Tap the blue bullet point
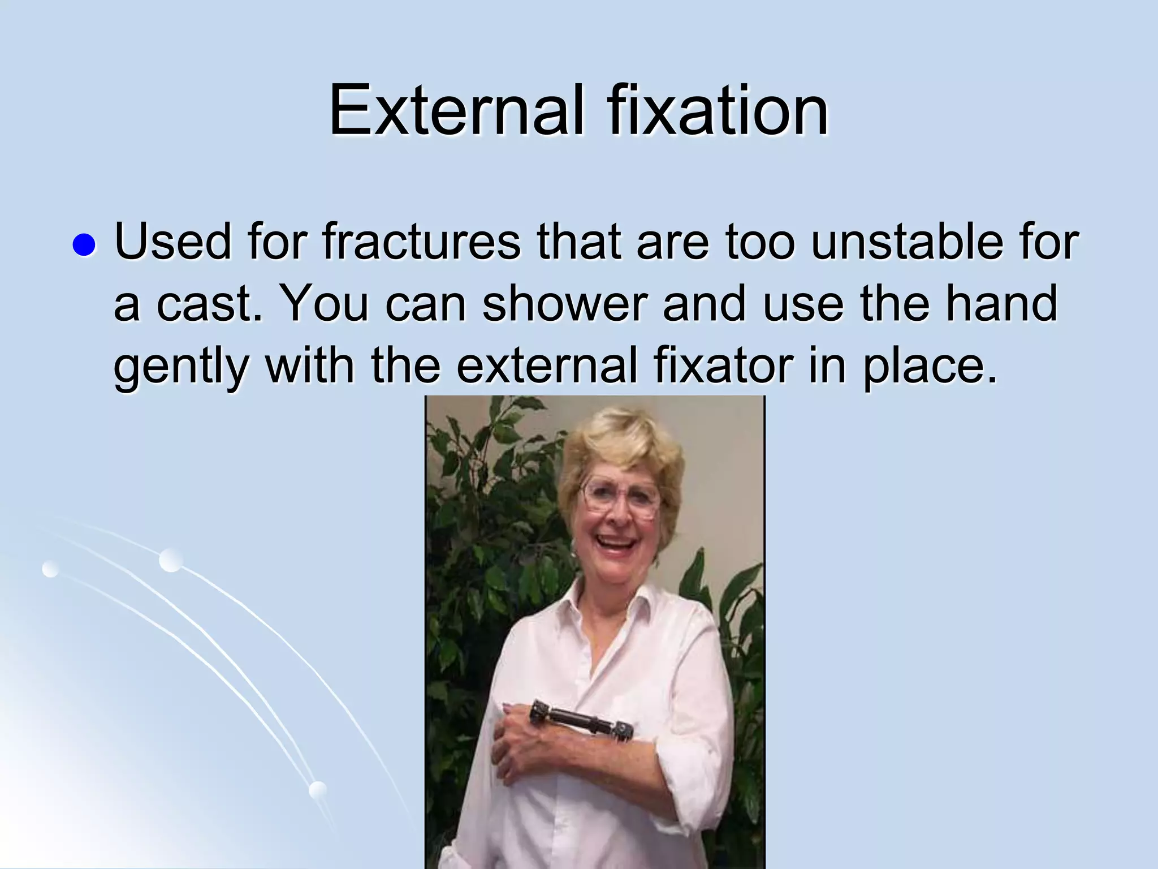[85, 245]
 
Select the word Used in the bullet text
[172, 242]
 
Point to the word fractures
[421, 242]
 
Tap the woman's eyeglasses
[620, 498]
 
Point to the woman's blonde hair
[622, 441]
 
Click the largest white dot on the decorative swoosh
[170, 560]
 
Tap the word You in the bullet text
[325, 304]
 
